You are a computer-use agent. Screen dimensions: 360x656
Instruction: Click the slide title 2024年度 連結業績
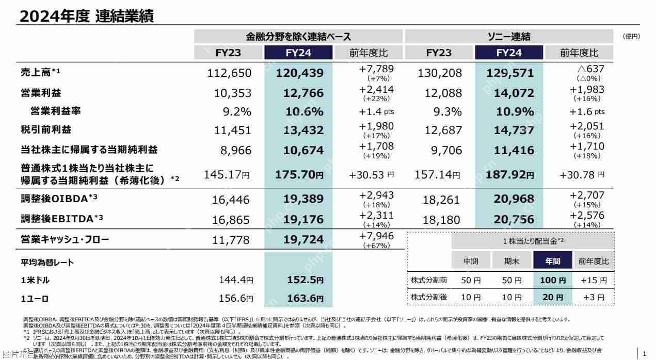pos(86,17)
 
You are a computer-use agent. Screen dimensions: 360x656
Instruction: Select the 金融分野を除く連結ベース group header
pos(298,37)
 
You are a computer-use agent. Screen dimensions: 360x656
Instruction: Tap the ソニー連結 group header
pos(509,37)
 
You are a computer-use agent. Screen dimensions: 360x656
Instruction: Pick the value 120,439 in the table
pos(299,73)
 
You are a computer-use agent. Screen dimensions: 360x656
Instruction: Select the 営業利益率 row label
pos(55,111)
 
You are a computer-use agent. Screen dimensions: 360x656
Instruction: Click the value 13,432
pos(299,130)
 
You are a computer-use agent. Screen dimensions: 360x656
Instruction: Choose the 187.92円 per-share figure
pos(509,175)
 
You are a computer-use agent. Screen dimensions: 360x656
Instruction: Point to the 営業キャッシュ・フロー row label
pos(65,240)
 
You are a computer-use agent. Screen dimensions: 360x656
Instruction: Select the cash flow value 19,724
pos(299,240)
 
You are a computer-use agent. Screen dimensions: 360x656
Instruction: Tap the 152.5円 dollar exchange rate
pos(305,280)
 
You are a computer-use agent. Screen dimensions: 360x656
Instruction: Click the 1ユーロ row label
pos(35,299)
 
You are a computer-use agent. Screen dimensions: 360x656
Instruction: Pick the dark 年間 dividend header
pos(552,261)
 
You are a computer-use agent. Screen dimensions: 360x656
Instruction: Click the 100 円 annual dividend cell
pos(552,281)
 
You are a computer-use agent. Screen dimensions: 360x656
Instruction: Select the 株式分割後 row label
pos(428,298)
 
